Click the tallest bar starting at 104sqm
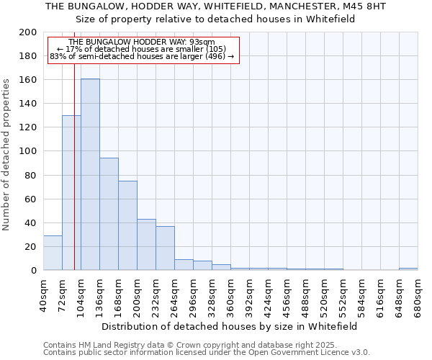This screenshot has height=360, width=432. click(90, 174)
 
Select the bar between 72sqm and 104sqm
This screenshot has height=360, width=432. click(71, 192)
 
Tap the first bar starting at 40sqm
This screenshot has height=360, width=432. click(53, 253)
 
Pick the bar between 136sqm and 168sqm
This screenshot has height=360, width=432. click(109, 214)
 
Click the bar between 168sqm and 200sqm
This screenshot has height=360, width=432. click(127, 225)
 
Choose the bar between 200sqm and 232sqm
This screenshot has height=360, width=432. click(146, 244)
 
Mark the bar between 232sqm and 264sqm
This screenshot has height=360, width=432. click(165, 248)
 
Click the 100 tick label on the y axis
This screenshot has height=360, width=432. click(28, 151)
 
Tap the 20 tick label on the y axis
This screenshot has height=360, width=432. click(31, 247)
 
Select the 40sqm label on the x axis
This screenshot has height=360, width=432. click(43, 294)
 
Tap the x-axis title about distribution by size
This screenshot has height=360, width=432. click(230, 326)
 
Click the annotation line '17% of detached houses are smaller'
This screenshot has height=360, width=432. click(141, 49)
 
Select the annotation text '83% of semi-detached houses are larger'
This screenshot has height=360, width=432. click(142, 56)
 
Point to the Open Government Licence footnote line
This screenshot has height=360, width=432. click(207, 352)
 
